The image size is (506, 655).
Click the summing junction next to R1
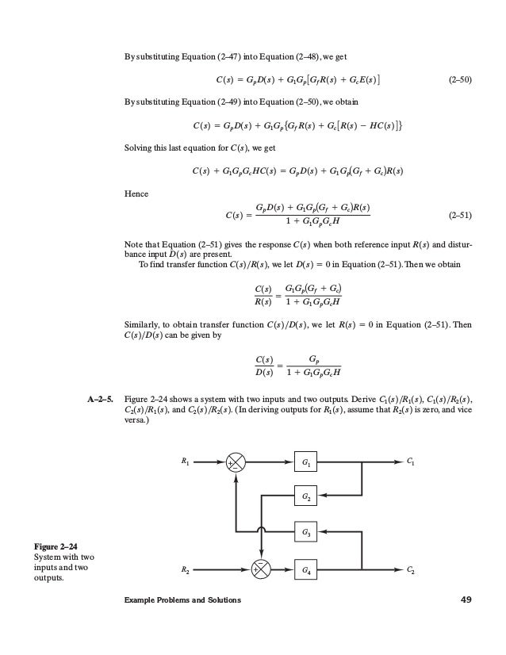(236, 462)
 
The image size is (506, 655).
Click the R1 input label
(185, 462)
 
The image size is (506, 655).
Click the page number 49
(466, 599)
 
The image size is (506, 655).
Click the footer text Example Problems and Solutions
(182, 599)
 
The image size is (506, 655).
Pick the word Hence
(136, 192)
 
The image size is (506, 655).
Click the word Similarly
(143, 324)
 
